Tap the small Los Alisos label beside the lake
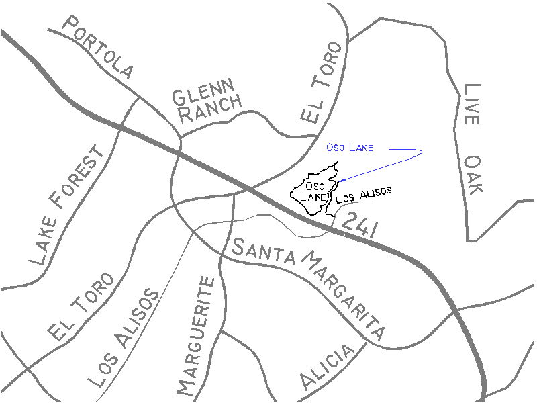click(x=362, y=195)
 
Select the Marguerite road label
click(x=196, y=336)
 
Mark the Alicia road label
click(x=327, y=367)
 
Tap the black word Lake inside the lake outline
click(x=312, y=197)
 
